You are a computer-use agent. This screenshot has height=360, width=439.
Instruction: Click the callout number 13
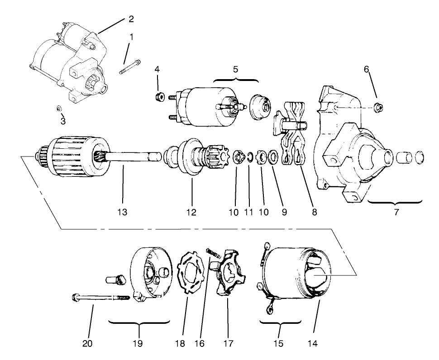tap(122, 212)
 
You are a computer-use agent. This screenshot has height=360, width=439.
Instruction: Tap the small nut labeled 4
tap(159, 96)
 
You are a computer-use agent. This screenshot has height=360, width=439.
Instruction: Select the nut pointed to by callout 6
tap(379, 107)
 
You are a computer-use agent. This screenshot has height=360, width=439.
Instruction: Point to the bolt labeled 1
tap(129, 67)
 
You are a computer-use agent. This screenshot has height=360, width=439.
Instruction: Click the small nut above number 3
tap(59, 108)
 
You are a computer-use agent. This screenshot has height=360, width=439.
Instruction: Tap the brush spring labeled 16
tap(214, 253)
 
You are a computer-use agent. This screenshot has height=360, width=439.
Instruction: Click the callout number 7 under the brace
tap(396, 212)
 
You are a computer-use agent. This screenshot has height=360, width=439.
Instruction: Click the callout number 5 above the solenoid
tap(235, 69)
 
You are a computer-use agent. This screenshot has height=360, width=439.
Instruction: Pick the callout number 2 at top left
tap(131, 19)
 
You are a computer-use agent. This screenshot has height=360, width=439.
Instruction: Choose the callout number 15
tap(279, 343)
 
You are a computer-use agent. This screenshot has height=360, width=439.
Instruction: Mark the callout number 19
tap(138, 343)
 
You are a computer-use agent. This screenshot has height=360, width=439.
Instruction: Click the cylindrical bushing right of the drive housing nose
tap(404, 157)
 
